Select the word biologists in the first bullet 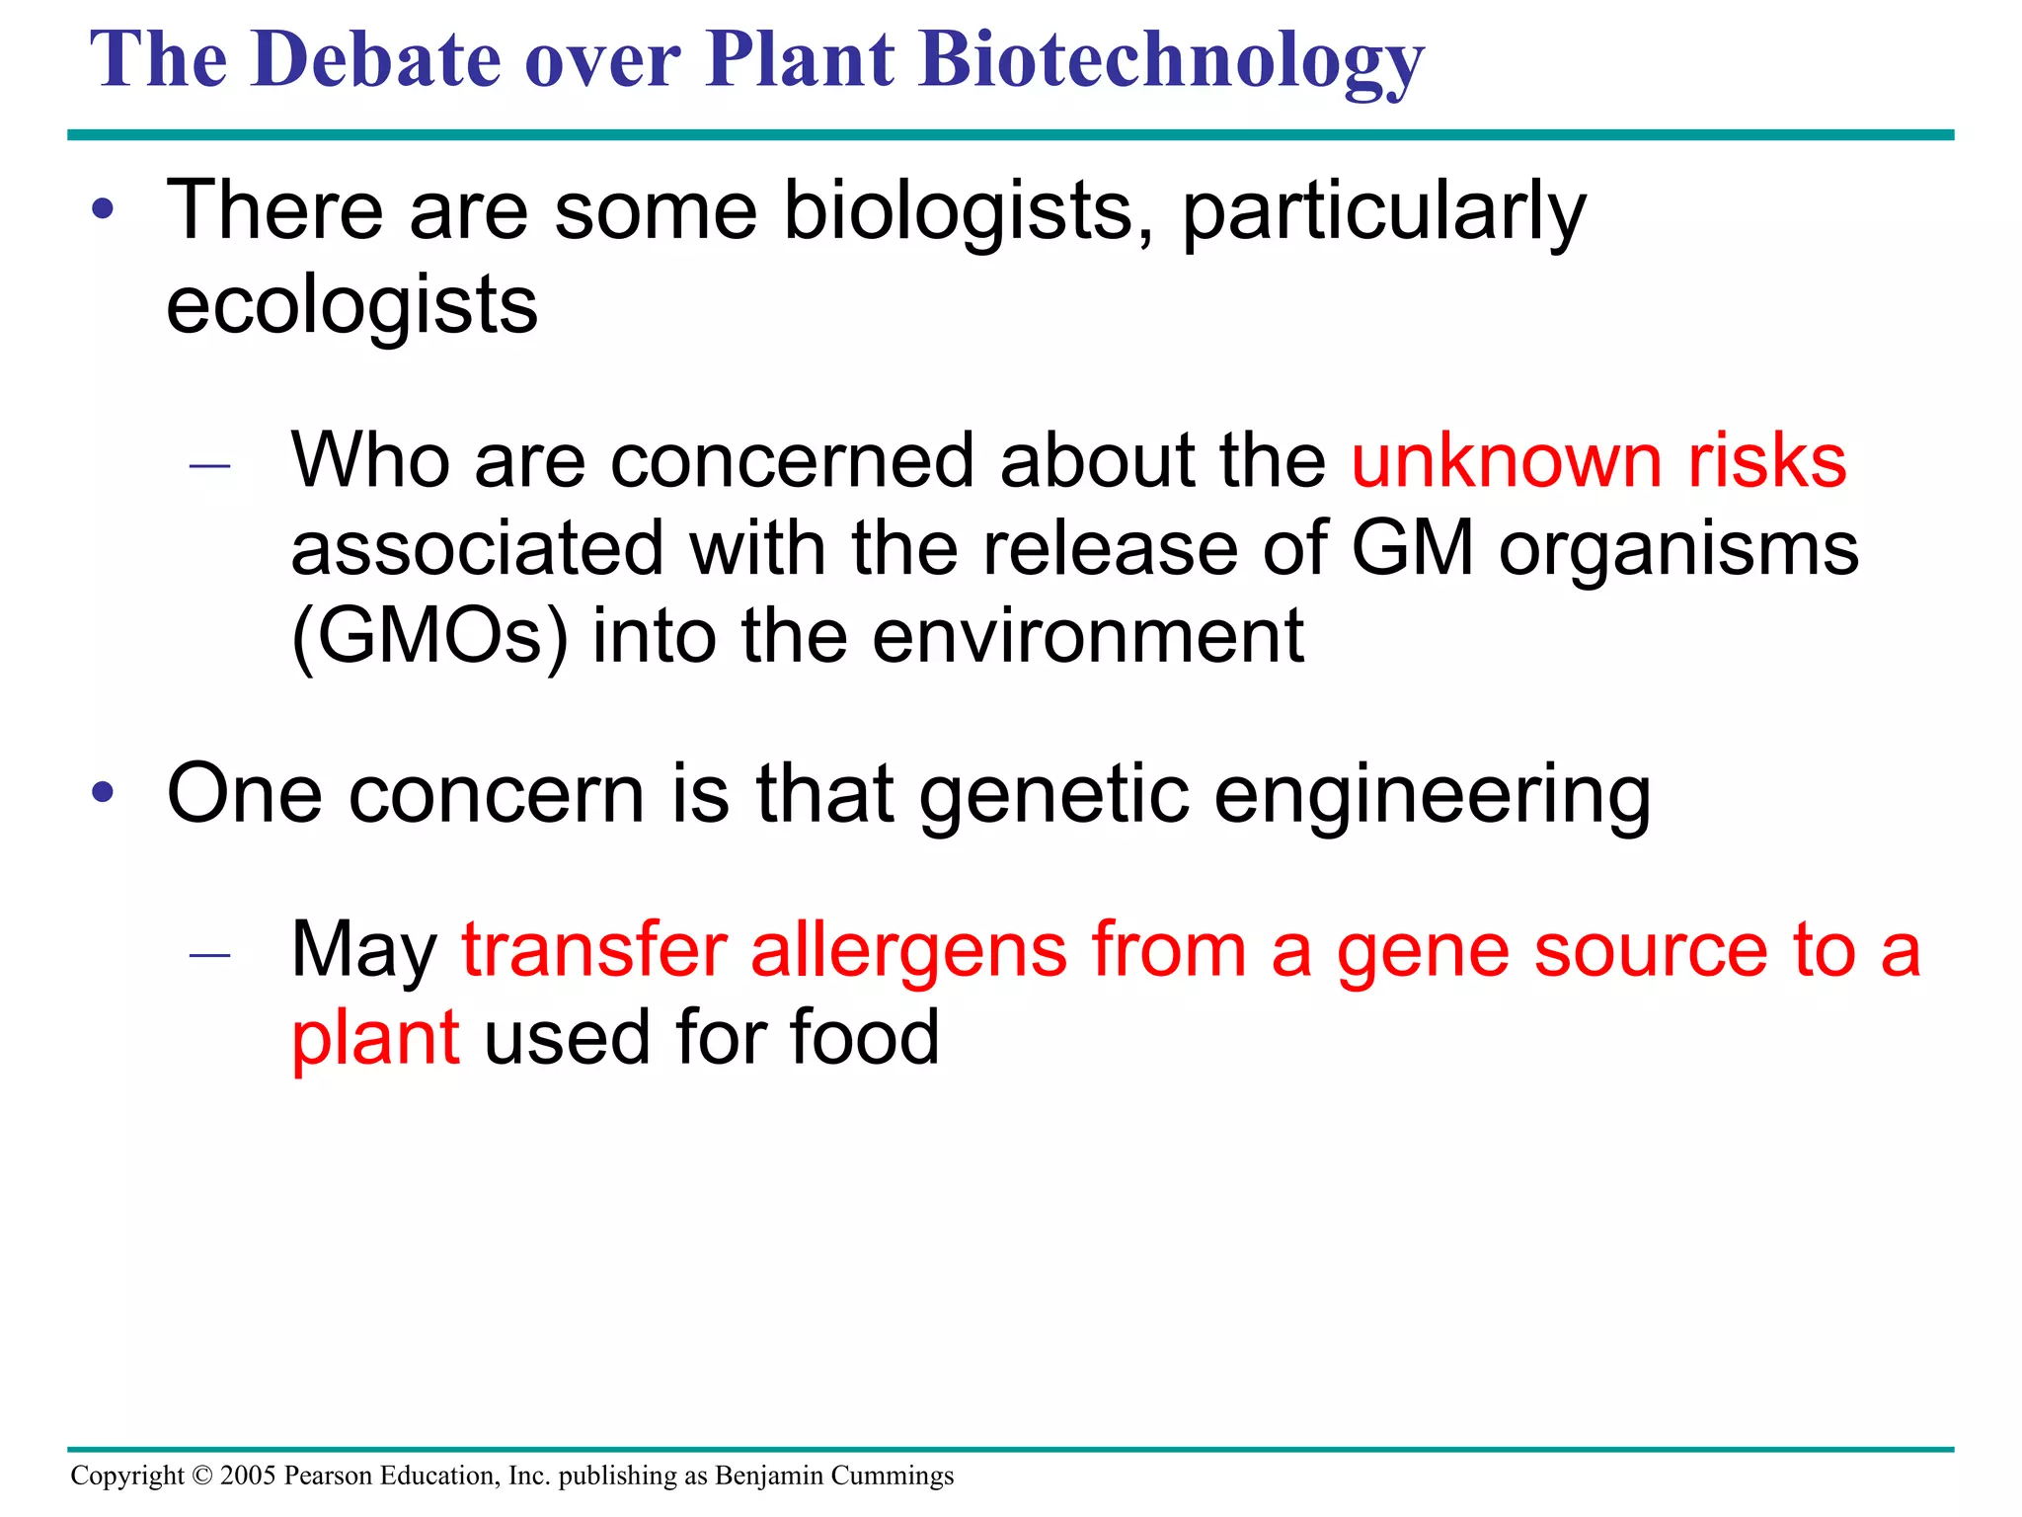pos(968,211)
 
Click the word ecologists pos(351,306)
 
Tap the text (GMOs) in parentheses pos(430,637)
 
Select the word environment pos(1088,637)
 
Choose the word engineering pos(1432,796)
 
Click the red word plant pos(375,1039)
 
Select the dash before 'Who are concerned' pos(209,465)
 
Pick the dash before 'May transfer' pos(209,954)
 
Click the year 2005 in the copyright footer pos(248,1476)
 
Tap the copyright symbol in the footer pos(202,1476)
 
